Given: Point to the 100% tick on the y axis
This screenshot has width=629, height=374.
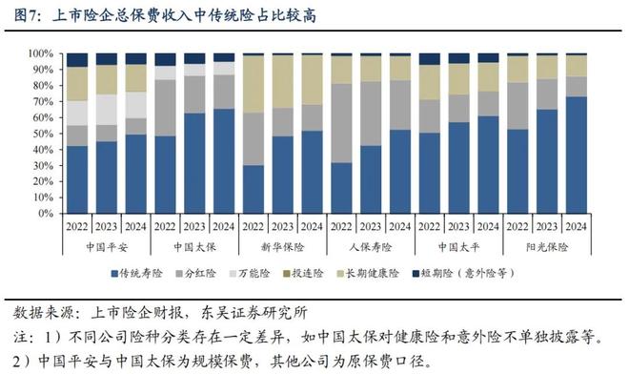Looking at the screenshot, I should coord(43,54).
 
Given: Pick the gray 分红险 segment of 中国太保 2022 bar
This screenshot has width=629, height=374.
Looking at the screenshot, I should coord(166,108).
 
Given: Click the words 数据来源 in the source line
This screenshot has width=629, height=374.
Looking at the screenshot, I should coord(43,312).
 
